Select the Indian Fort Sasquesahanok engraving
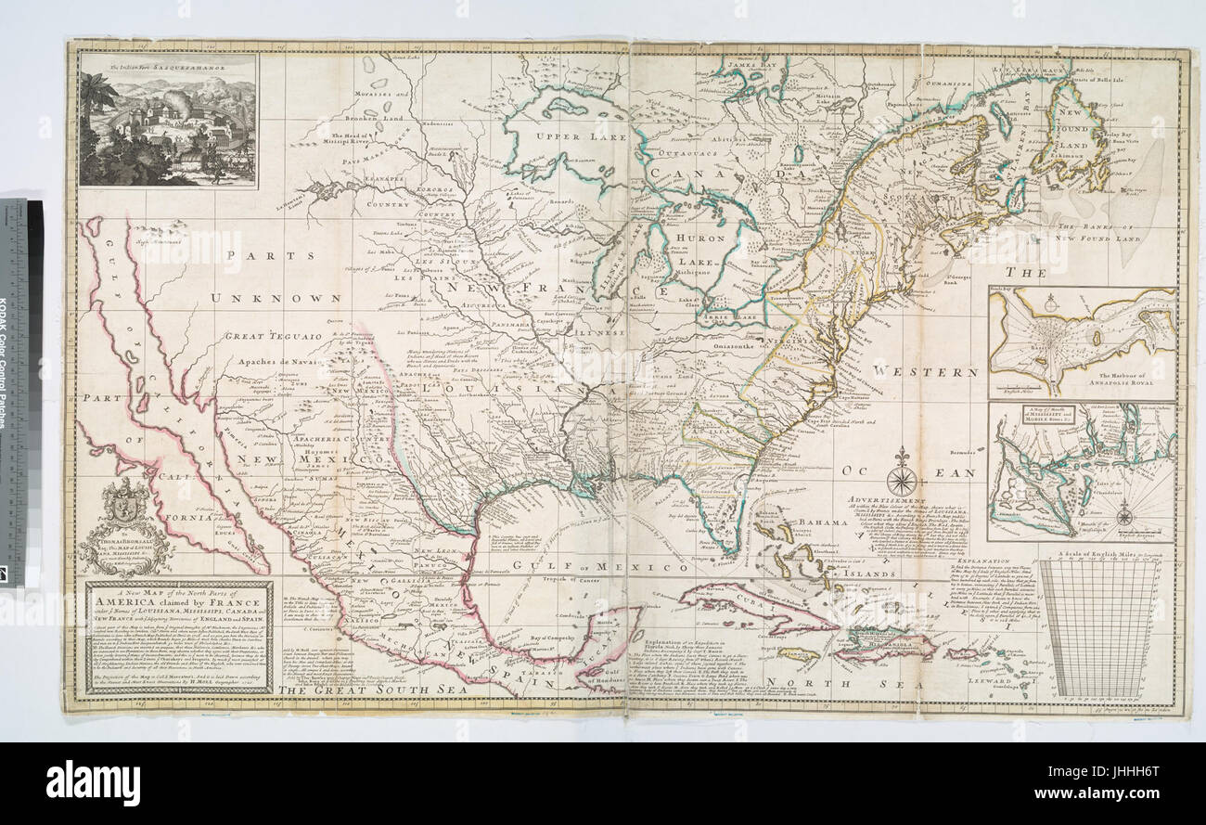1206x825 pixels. pos(168,119)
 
